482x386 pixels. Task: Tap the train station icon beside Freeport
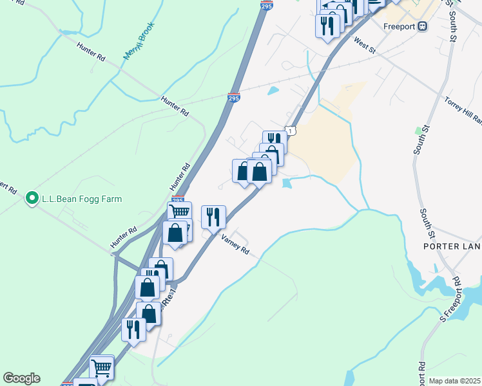pyautogui.click(x=423, y=27)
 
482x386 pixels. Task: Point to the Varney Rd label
pyautogui.click(x=235, y=245)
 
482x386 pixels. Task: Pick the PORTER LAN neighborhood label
pyautogui.click(x=452, y=246)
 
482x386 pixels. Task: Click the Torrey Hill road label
pyautogui.click(x=463, y=109)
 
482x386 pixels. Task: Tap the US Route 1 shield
pyautogui.click(x=291, y=131)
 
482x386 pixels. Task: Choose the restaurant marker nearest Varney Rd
pyautogui.click(x=213, y=217)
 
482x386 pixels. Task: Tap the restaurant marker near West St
pyautogui.click(x=327, y=26)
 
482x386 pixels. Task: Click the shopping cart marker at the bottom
pyautogui.click(x=101, y=367)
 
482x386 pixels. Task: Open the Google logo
pyautogui.click(x=21, y=378)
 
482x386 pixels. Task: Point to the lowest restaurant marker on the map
pyautogui.click(x=133, y=329)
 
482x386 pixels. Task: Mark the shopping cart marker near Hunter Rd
pyautogui.click(x=180, y=212)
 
